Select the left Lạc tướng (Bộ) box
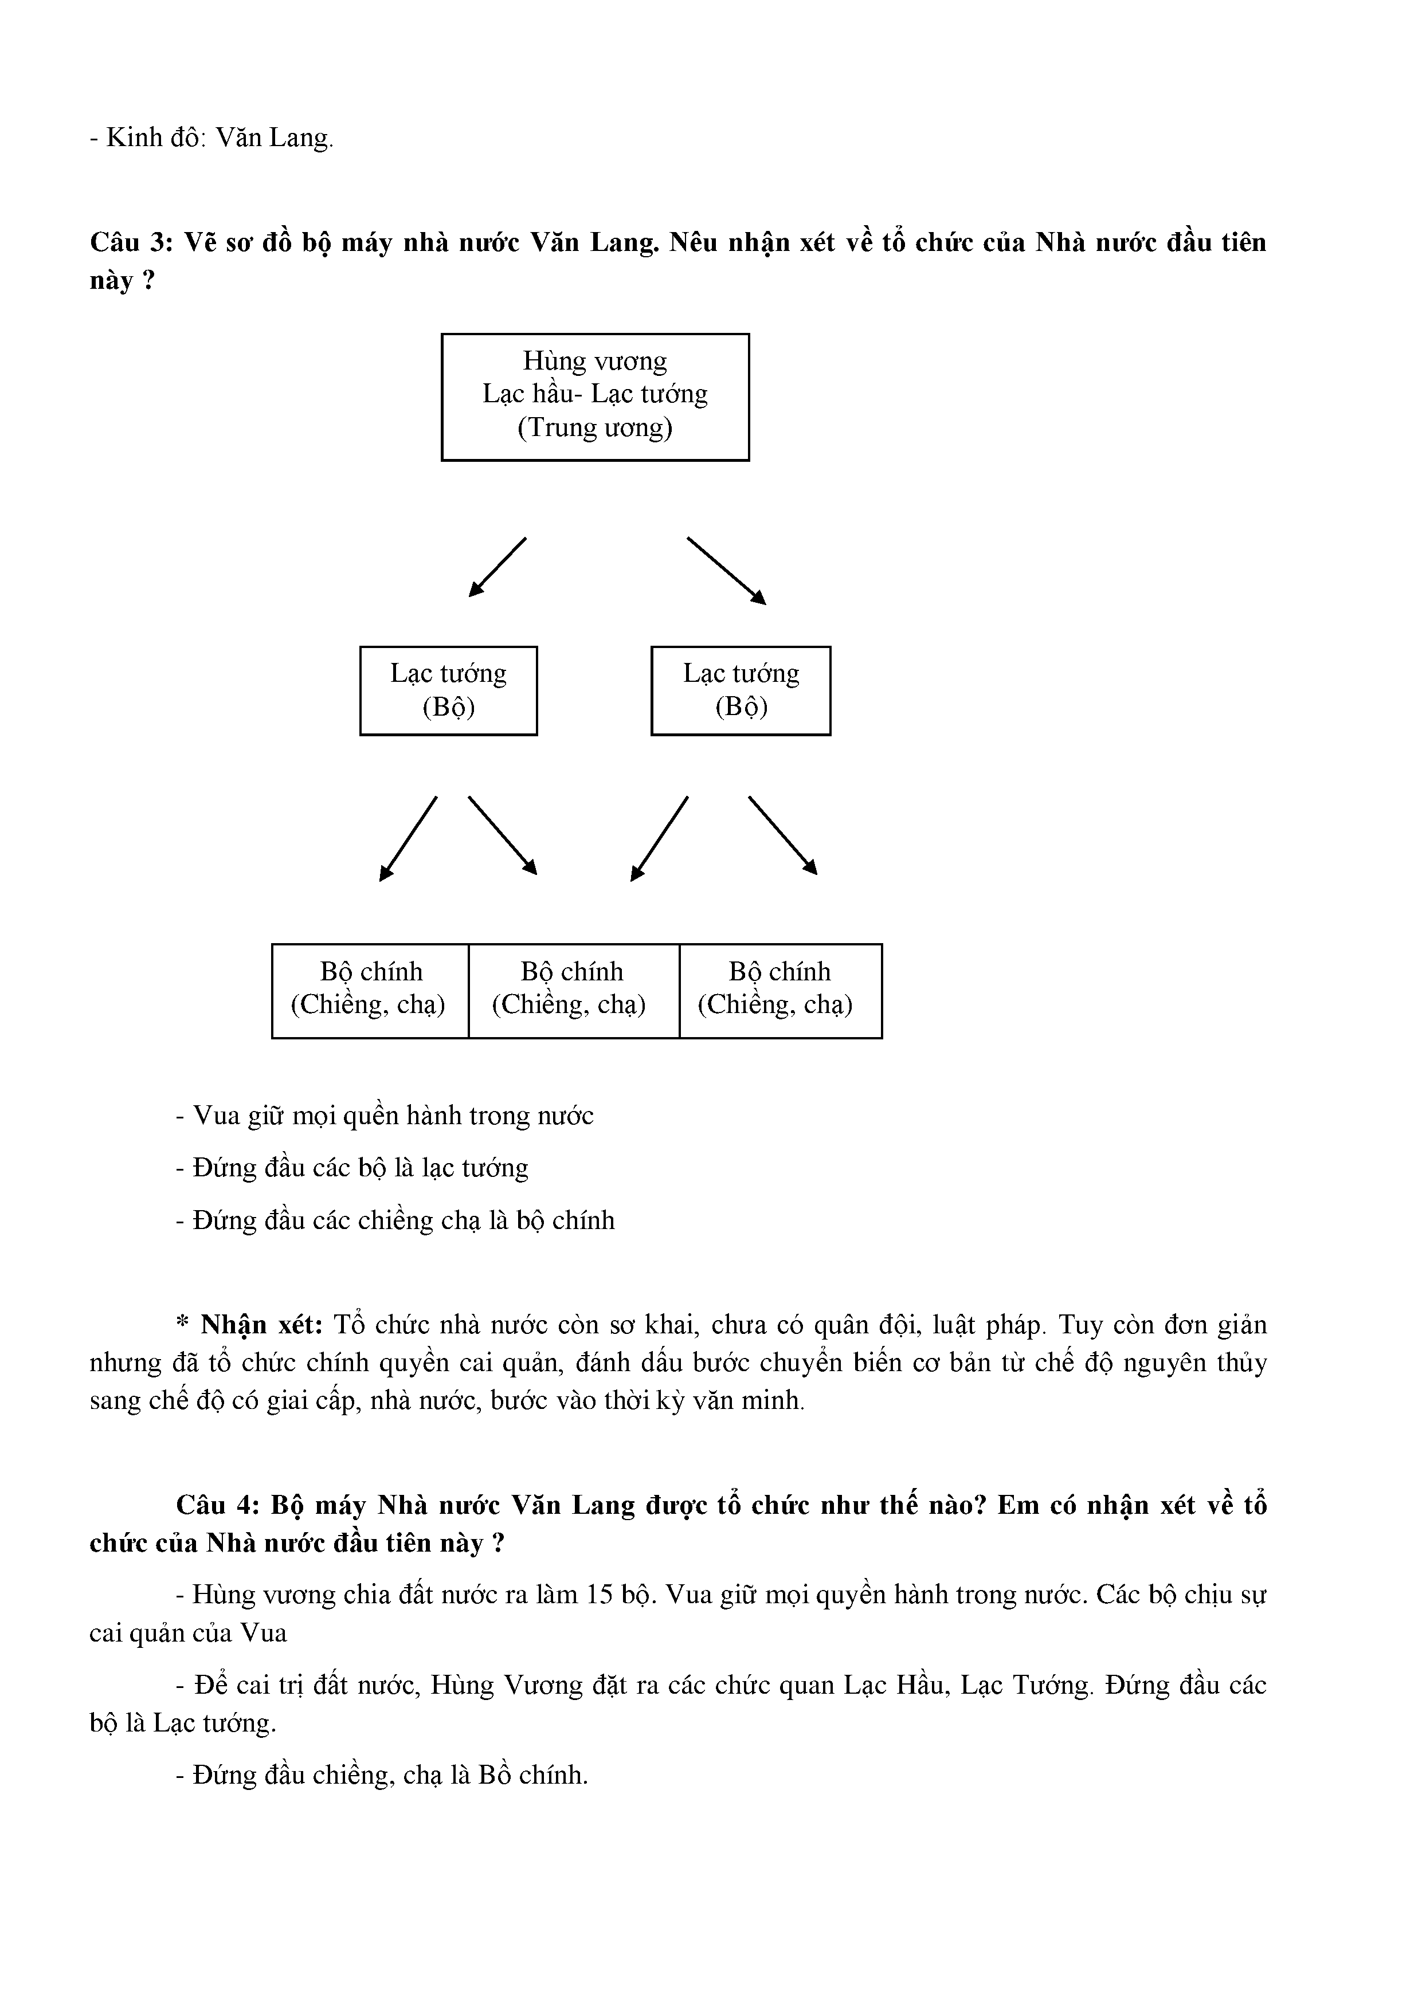point(448,690)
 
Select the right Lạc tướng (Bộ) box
point(741,690)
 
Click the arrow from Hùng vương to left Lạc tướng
point(497,567)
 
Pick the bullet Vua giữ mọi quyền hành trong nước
point(385,1116)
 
